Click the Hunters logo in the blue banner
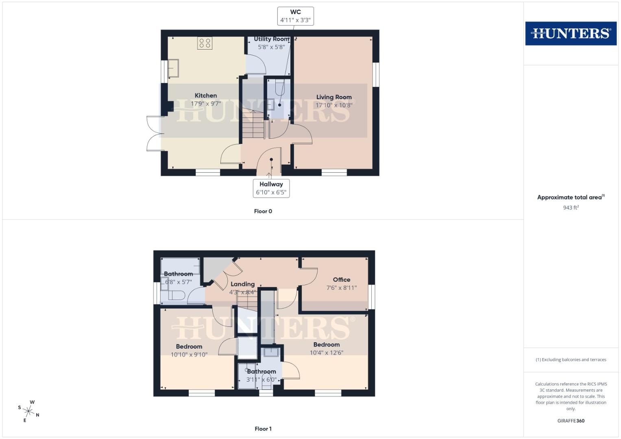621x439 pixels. click(x=571, y=33)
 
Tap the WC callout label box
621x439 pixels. click(x=296, y=16)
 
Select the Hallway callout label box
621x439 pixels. click(x=271, y=188)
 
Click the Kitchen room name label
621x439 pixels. click(x=206, y=96)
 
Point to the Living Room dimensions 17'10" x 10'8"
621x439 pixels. click(x=334, y=105)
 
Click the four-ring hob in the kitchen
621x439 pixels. click(x=205, y=43)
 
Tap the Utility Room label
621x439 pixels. click(x=271, y=39)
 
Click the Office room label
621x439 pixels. click(x=341, y=280)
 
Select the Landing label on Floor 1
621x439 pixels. click(x=242, y=284)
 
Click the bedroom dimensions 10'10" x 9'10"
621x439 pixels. click(x=189, y=354)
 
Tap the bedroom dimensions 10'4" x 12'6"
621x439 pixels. click(x=327, y=352)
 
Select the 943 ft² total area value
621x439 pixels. click(x=571, y=208)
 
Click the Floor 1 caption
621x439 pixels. click(x=263, y=429)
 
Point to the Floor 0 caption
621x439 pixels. click(x=263, y=211)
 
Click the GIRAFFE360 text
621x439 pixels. click(x=571, y=421)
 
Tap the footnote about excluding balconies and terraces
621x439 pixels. click(x=571, y=360)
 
